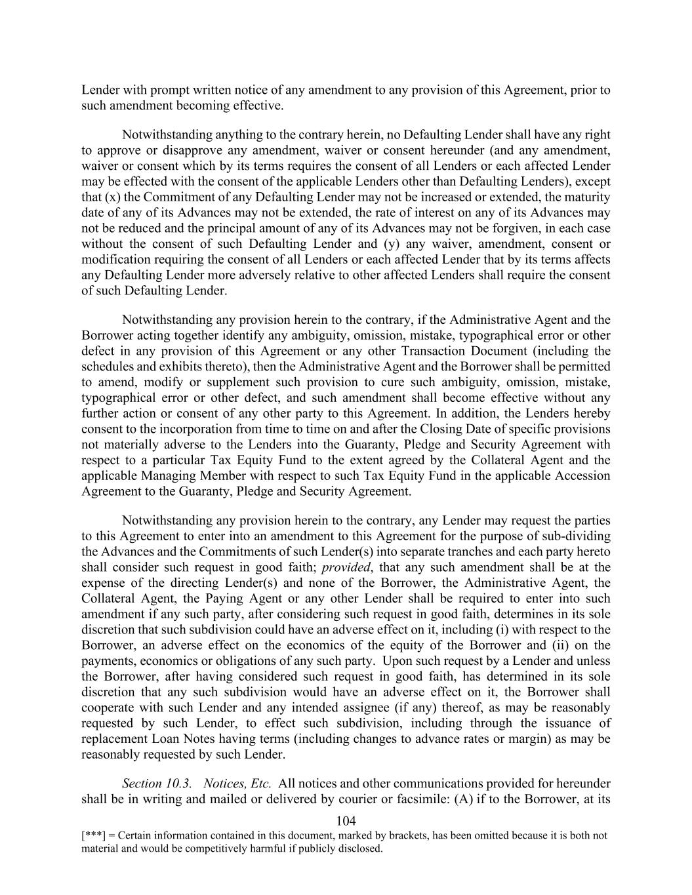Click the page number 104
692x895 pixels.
pyautogui.click(x=345, y=821)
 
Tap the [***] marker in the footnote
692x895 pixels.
pyautogui.click(x=92, y=836)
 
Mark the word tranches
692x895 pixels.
pyautogui.click(x=453, y=551)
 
